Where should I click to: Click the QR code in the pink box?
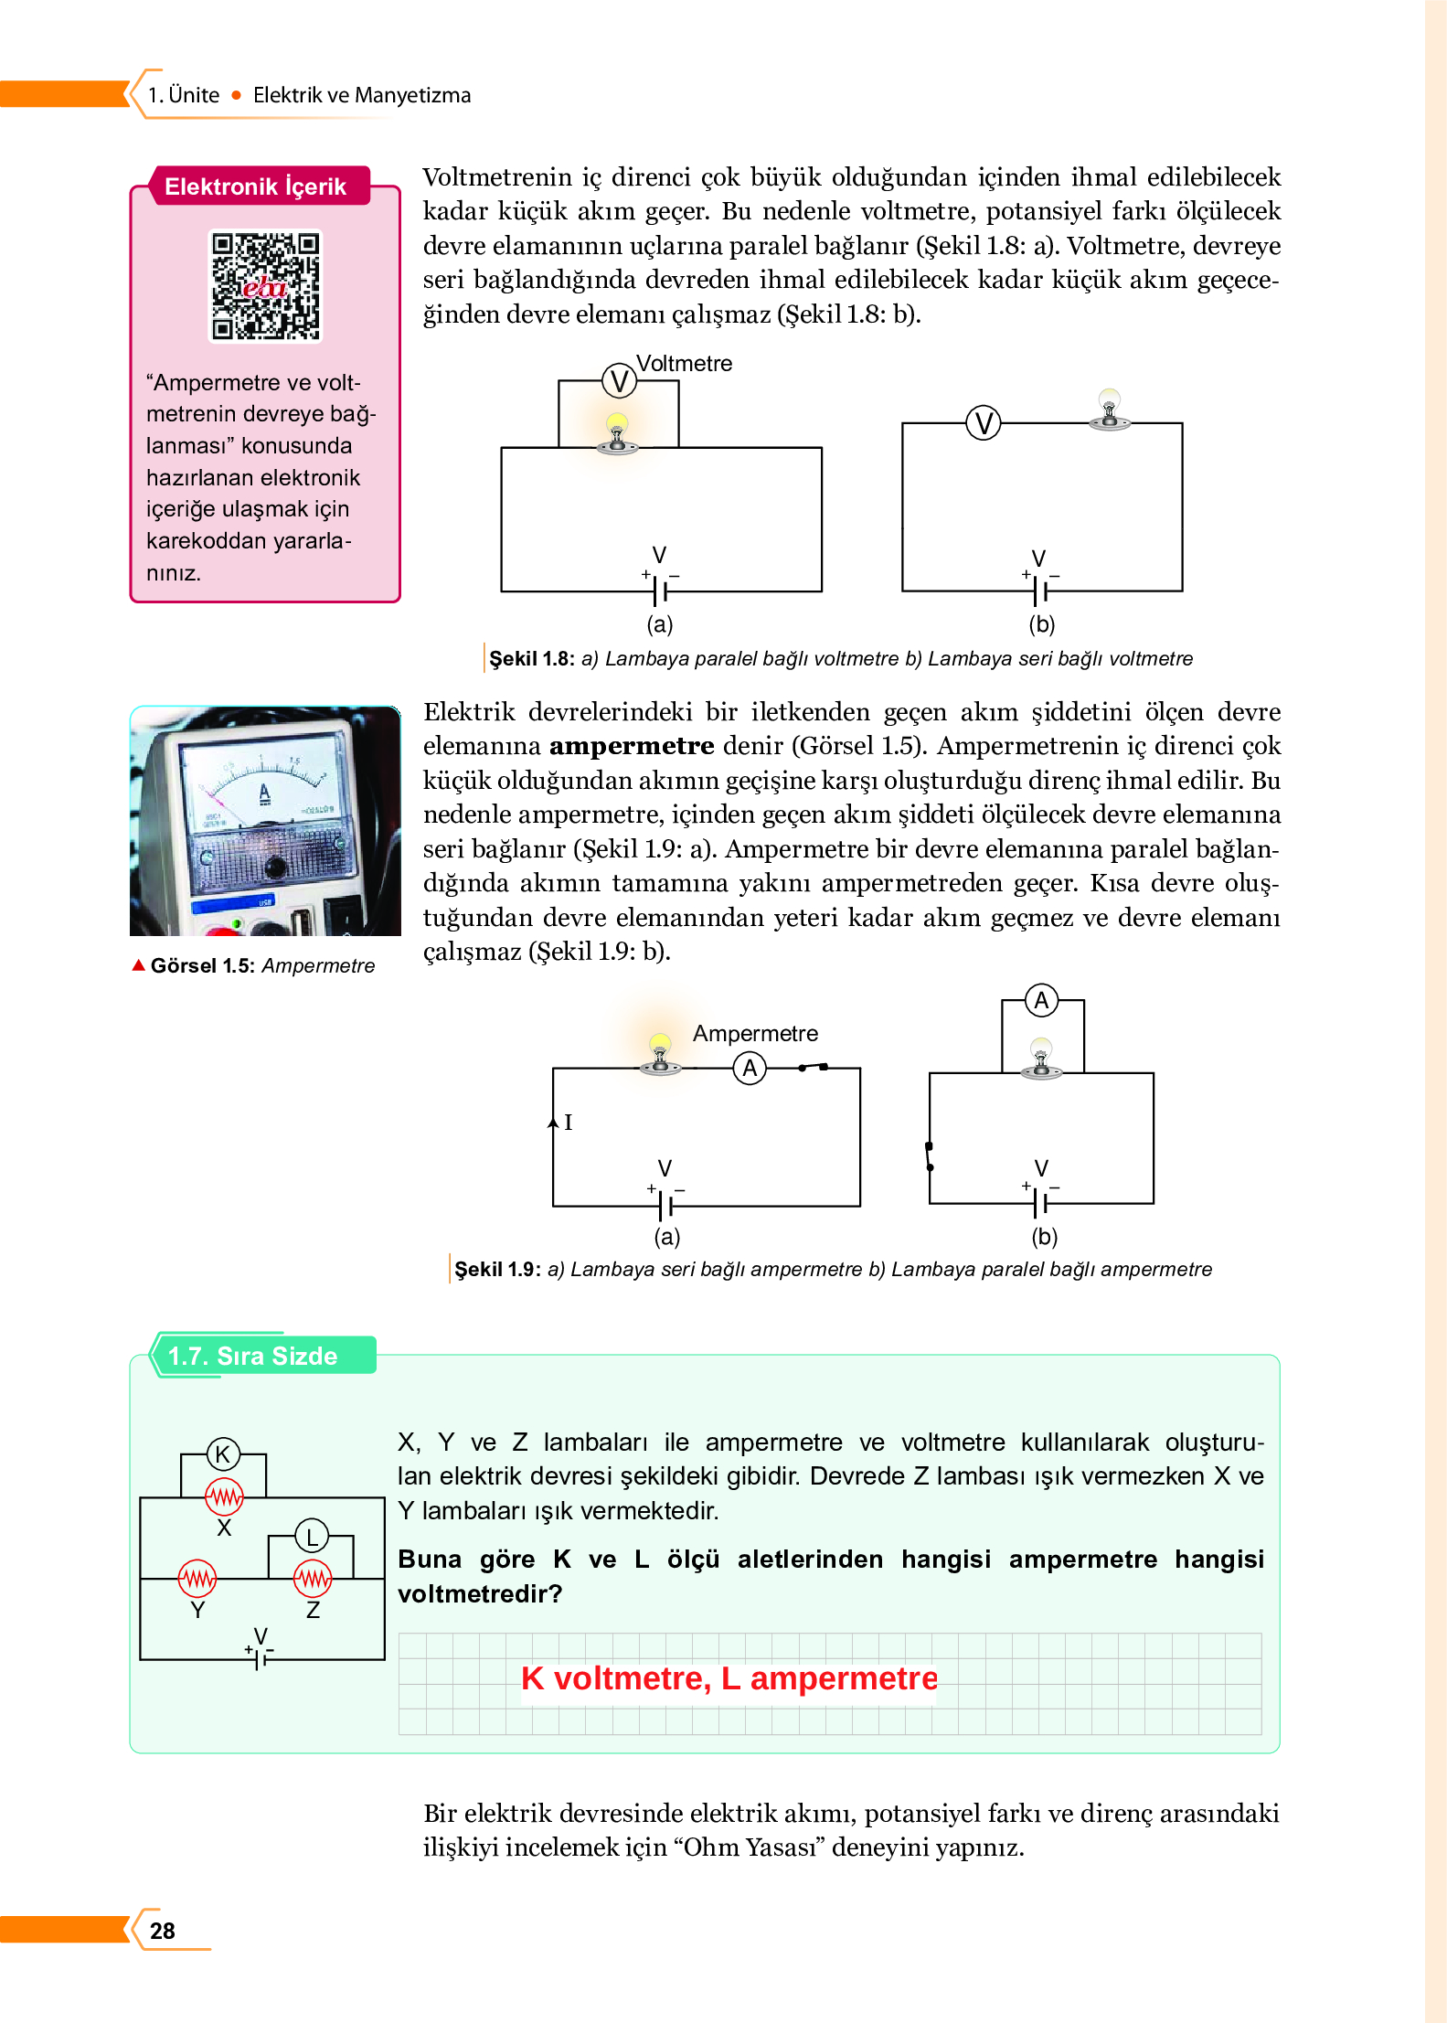click(x=265, y=286)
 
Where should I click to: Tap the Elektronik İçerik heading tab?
click(x=256, y=186)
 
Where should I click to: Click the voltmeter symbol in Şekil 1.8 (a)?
click(x=619, y=381)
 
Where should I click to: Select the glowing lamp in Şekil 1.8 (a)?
click(x=617, y=431)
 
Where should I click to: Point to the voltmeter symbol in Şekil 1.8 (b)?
click(x=984, y=423)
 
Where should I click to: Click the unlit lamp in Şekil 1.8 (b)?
click(x=1109, y=408)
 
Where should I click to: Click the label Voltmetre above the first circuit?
click(x=684, y=363)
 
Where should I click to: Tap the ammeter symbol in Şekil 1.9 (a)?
click(x=750, y=1068)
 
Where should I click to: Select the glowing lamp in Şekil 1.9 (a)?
click(x=659, y=1052)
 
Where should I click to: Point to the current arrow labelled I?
click(x=554, y=1122)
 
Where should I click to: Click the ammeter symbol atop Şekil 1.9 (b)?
click(x=1041, y=1000)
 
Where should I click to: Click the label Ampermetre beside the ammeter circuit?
click(x=755, y=1033)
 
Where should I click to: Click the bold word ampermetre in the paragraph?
click(x=631, y=746)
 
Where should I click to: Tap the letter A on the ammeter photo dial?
click(x=265, y=793)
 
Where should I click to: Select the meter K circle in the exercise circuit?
click(x=223, y=1454)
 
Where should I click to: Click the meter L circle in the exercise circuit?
click(x=312, y=1537)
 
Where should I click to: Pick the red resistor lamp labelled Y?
click(x=197, y=1578)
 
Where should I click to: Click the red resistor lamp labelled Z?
click(x=313, y=1578)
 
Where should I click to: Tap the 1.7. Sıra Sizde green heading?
click(x=253, y=1356)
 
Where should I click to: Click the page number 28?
click(x=163, y=1931)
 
